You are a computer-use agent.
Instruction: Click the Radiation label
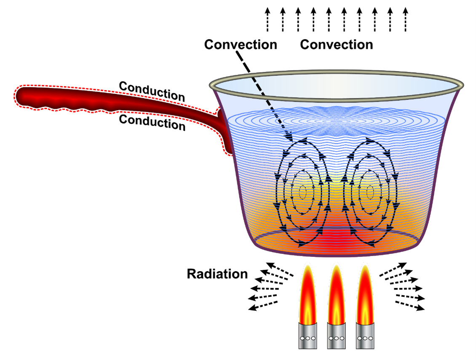pyautogui.click(x=217, y=274)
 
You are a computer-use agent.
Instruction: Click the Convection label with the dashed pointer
pyautogui.click(x=241, y=44)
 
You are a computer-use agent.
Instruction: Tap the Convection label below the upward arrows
pyautogui.click(x=336, y=44)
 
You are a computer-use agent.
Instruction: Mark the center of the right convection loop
pyautogui.click(x=369, y=192)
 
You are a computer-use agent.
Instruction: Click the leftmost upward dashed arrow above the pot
pyautogui.click(x=267, y=19)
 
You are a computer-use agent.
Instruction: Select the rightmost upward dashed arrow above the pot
pyautogui.click(x=405, y=19)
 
